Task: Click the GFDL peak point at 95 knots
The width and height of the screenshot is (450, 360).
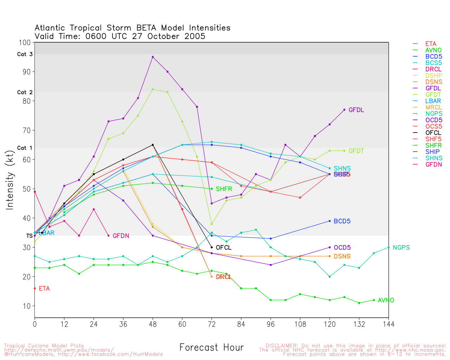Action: click(153, 57)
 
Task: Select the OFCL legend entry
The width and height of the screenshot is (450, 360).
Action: click(433, 133)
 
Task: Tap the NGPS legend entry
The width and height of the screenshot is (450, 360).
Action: click(433, 114)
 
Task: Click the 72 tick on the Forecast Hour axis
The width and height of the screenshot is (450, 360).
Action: click(212, 324)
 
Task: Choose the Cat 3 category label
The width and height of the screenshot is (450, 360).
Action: click(25, 54)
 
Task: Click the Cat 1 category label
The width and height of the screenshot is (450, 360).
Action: click(25, 148)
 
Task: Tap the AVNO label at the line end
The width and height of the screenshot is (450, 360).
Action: click(386, 300)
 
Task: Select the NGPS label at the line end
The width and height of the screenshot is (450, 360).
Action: click(401, 247)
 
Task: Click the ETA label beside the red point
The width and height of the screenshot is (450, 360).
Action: click(44, 289)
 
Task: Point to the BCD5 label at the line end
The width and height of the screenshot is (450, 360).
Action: click(342, 221)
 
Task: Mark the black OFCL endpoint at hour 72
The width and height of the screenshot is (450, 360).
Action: click(212, 247)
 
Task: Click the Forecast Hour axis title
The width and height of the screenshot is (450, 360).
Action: click(211, 348)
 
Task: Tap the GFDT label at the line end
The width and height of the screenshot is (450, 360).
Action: click(356, 151)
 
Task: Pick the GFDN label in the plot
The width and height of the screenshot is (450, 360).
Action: click(121, 236)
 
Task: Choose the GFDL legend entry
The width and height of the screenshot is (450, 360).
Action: click(433, 89)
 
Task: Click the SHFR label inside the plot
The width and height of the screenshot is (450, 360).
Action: click(224, 189)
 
